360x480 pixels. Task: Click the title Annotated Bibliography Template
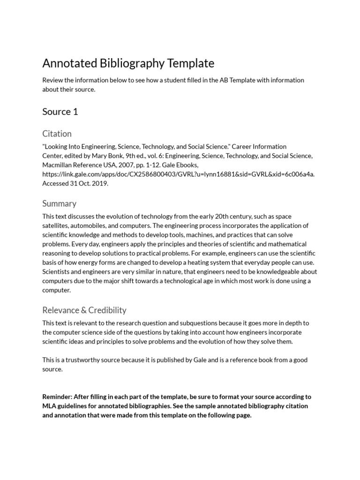[x=128, y=63]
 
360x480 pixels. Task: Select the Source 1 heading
[x=60, y=112]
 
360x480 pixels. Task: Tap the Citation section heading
[x=57, y=134]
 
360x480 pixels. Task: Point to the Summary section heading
[x=59, y=203]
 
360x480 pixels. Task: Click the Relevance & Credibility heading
[x=84, y=310]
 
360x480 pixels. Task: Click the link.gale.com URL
[x=178, y=174]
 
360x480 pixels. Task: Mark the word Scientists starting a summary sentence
[x=57, y=271]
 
